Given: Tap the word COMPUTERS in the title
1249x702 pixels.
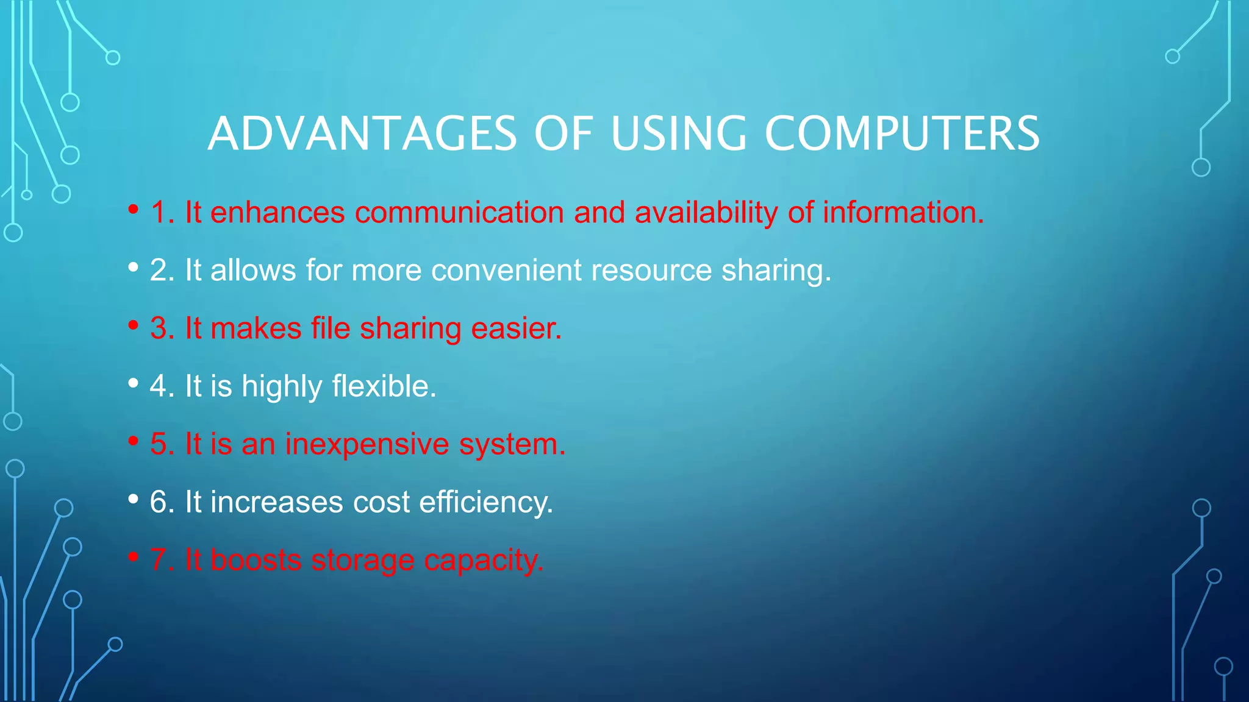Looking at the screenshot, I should (x=902, y=133).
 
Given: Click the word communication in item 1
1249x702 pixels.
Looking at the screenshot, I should (x=459, y=213).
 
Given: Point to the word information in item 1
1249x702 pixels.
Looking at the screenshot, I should (x=903, y=213).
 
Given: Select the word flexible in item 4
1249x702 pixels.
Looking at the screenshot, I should (x=384, y=386).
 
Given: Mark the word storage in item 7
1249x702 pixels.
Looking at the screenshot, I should (x=362, y=560).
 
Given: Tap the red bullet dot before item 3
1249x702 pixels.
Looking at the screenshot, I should (x=134, y=325).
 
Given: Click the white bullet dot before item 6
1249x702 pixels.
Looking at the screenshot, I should (x=134, y=499).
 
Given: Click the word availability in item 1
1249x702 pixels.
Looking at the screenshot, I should (x=706, y=213).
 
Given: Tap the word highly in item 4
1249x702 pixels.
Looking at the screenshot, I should (x=282, y=386).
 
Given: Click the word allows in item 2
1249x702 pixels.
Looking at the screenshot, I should (x=253, y=271).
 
